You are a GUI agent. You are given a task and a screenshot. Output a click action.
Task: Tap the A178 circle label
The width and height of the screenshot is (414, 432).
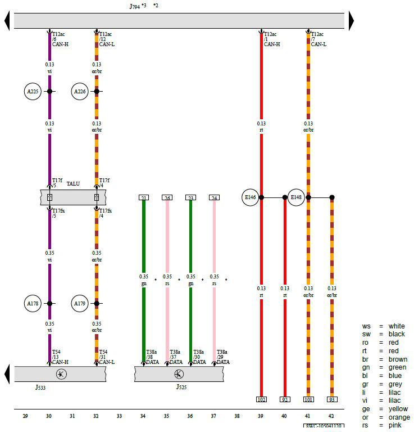point(34,303)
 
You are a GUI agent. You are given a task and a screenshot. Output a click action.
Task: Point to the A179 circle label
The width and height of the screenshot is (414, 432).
point(80,303)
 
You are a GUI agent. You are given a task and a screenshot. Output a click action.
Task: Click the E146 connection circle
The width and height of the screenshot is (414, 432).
point(250,197)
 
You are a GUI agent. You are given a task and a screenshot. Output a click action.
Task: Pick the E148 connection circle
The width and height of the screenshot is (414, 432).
point(297,197)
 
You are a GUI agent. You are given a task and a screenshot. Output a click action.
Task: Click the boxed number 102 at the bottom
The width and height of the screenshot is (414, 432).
point(261,399)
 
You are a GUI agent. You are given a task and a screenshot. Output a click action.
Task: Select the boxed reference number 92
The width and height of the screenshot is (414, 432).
point(285,399)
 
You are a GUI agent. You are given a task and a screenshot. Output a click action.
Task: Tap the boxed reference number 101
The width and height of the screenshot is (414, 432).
point(308,399)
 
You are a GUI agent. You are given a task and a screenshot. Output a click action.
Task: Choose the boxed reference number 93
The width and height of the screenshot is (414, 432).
point(332,399)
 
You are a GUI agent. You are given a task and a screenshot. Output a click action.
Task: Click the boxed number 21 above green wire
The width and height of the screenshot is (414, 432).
point(144,197)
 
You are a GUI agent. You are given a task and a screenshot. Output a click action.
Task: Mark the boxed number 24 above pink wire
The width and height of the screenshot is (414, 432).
point(214,197)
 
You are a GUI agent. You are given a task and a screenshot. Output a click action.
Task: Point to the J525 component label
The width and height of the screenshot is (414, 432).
point(180,388)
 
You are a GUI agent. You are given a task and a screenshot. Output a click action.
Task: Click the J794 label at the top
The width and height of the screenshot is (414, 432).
point(135,6)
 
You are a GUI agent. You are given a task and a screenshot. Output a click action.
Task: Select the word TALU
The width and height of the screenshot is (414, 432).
point(74,184)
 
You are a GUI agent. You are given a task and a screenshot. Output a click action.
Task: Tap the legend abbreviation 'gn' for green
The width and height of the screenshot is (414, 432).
point(366,367)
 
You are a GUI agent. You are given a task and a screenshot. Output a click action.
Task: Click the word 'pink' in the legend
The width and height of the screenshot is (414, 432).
point(395,425)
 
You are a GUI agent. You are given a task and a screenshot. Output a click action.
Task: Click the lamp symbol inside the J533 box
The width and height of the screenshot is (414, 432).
point(58,373)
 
